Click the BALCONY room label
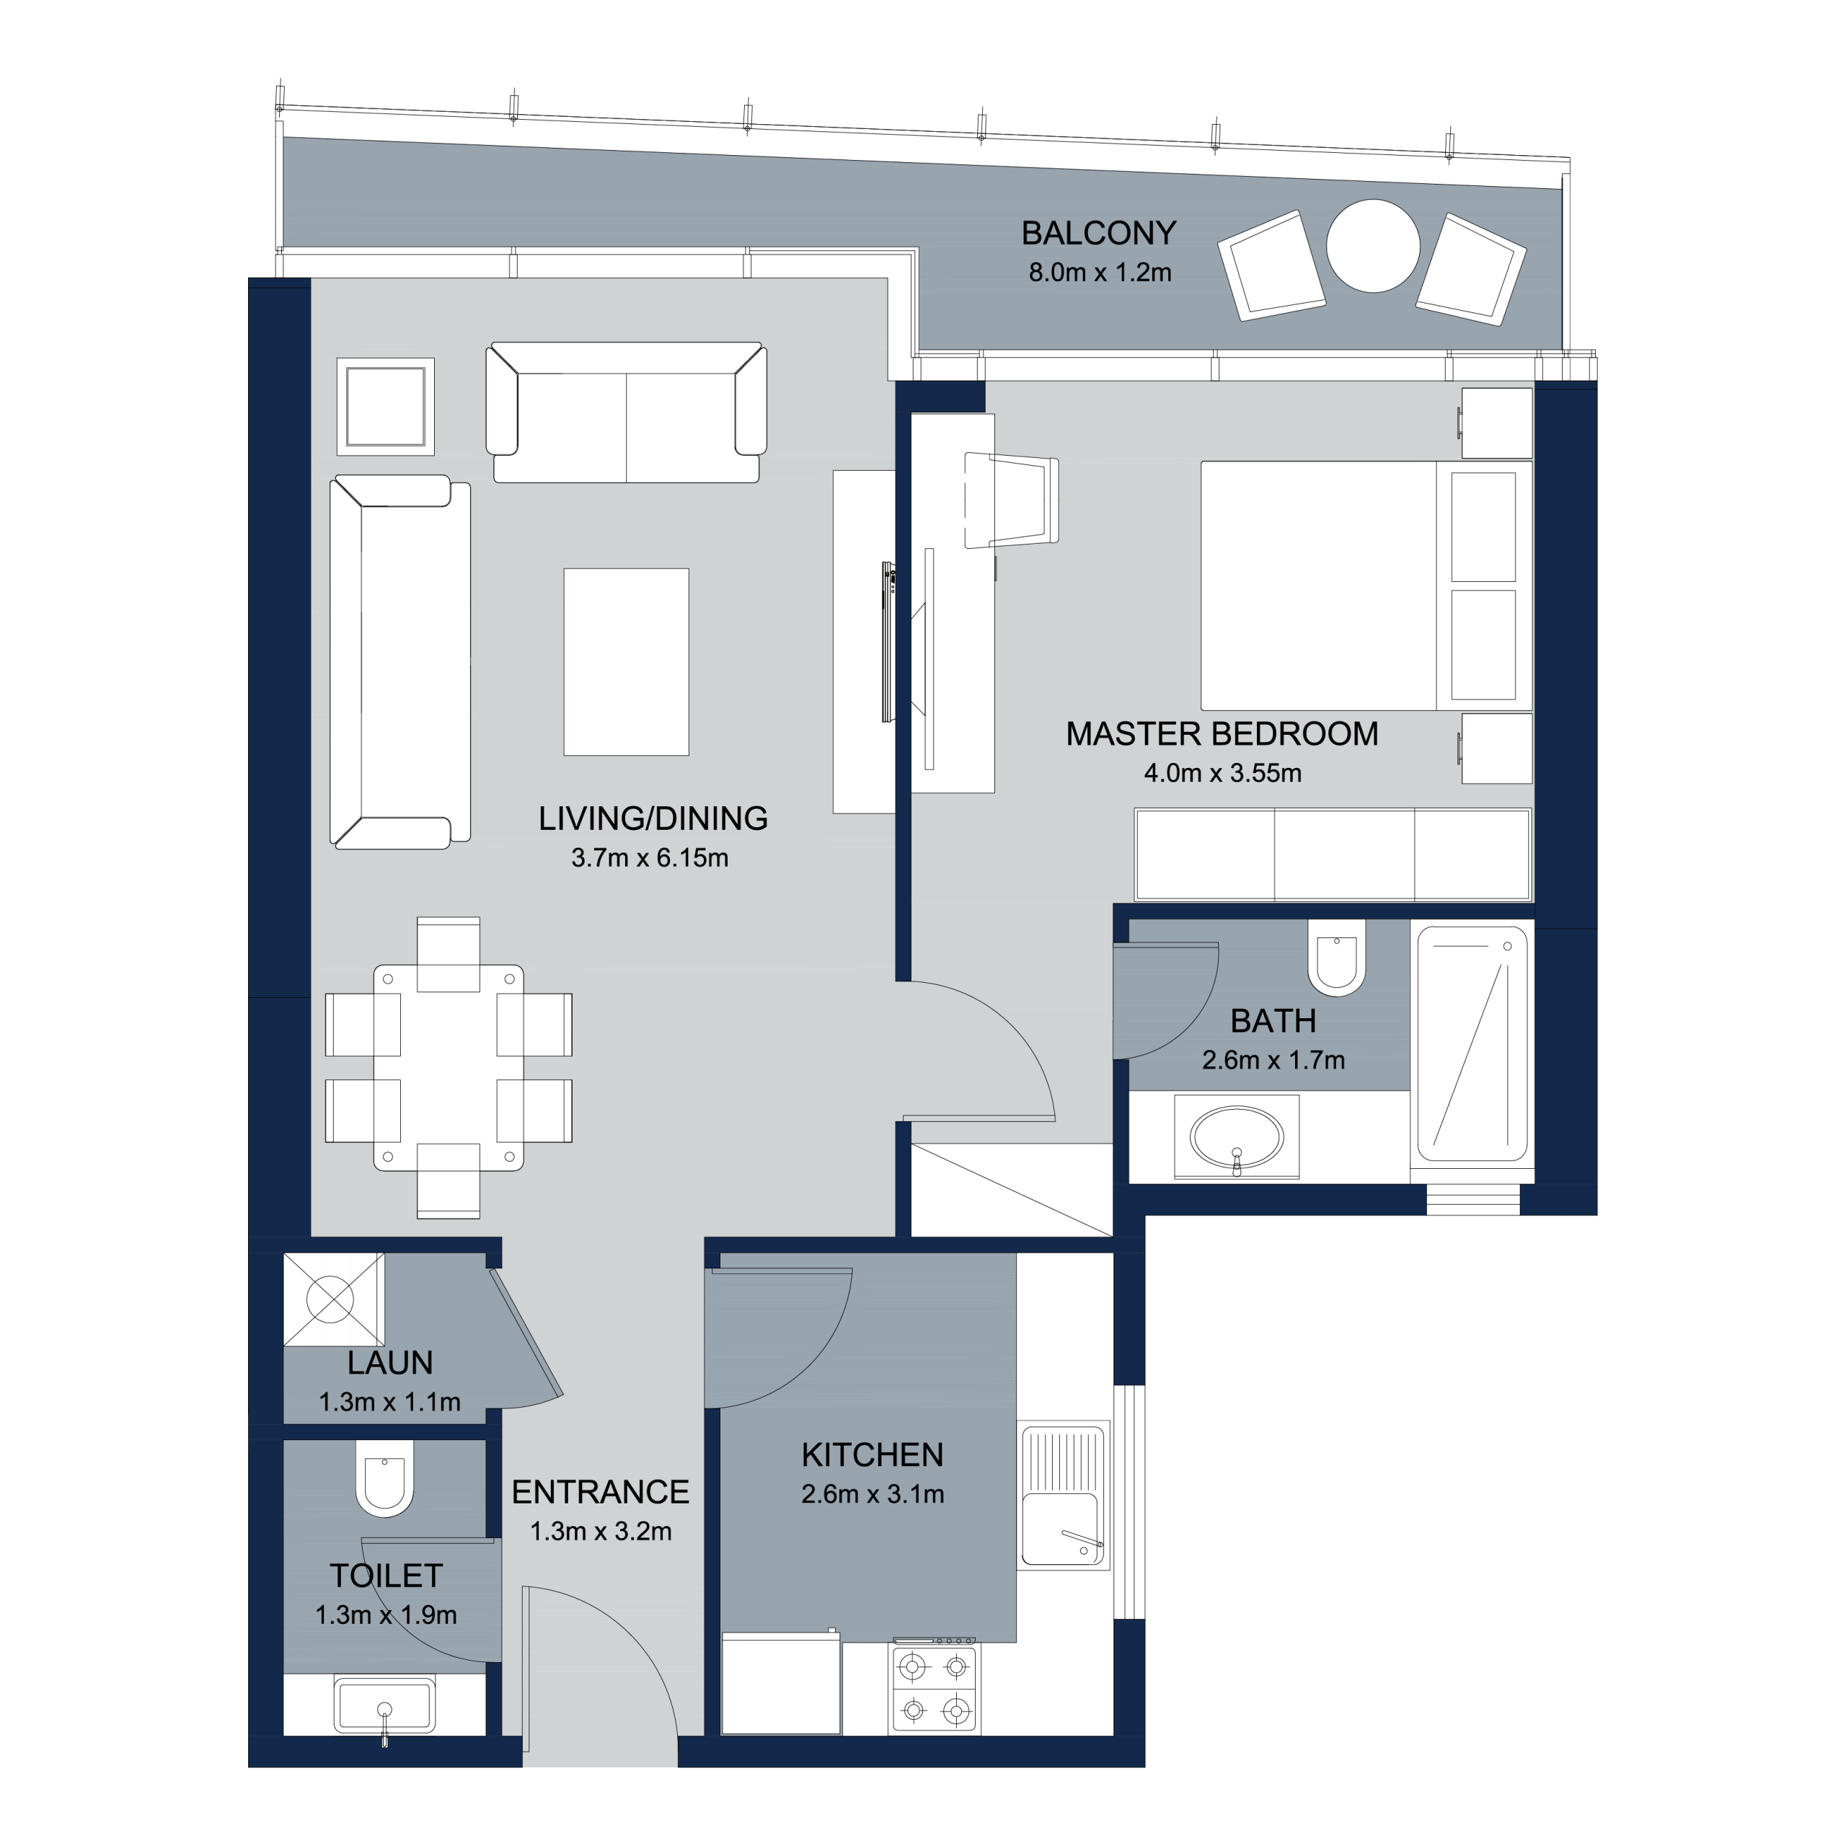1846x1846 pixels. click(x=1099, y=233)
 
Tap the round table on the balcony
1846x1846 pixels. click(x=1373, y=246)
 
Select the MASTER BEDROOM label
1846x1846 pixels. click(x=1222, y=734)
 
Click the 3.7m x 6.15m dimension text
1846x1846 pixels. click(x=650, y=858)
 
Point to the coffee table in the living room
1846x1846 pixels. click(x=626, y=662)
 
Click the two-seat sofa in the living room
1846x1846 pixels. click(x=627, y=412)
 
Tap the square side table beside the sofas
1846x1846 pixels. click(x=385, y=407)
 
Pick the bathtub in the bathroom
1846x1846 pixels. click(x=1472, y=1043)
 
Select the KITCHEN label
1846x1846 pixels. click(x=873, y=1455)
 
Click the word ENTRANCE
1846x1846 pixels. click(x=600, y=1493)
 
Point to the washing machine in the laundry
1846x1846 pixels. click(x=333, y=1300)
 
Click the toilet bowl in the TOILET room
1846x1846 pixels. click(x=385, y=1479)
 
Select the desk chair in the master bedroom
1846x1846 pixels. click(x=1012, y=500)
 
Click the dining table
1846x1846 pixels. click(x=448, y=1067)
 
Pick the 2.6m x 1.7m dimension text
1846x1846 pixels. click(x=1273, y=1059)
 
